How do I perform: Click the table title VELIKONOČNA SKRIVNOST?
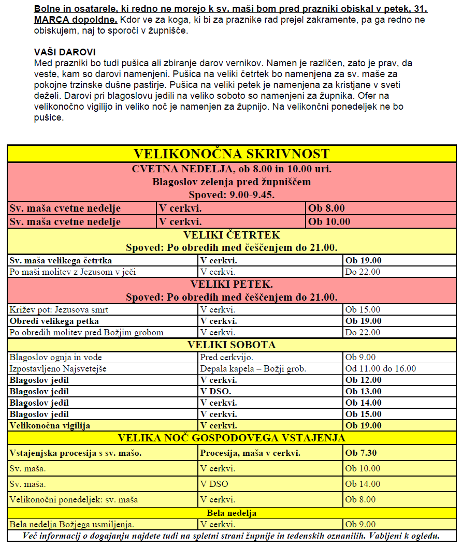[x=232, y=154]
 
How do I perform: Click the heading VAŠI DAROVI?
[x=65, y=53]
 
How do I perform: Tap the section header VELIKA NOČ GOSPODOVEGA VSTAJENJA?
[x=232, y=438]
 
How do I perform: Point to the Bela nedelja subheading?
[x=232, y=513]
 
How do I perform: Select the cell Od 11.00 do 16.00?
[x=381, y=369]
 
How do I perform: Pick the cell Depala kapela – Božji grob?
[x=253, y=369]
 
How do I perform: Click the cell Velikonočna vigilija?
[x=50, y=426]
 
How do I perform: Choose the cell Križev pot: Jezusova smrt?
[x=59, y=310]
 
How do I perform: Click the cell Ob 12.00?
[x=364, y=380]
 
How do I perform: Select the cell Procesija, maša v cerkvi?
[x=251, y=453]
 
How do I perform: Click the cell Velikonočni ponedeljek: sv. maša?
[x=74, y=500]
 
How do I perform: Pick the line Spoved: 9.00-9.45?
[x=232, y=195]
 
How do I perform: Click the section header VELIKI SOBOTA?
[x=232, y=345]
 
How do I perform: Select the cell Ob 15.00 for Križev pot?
[x=363, y=310]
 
